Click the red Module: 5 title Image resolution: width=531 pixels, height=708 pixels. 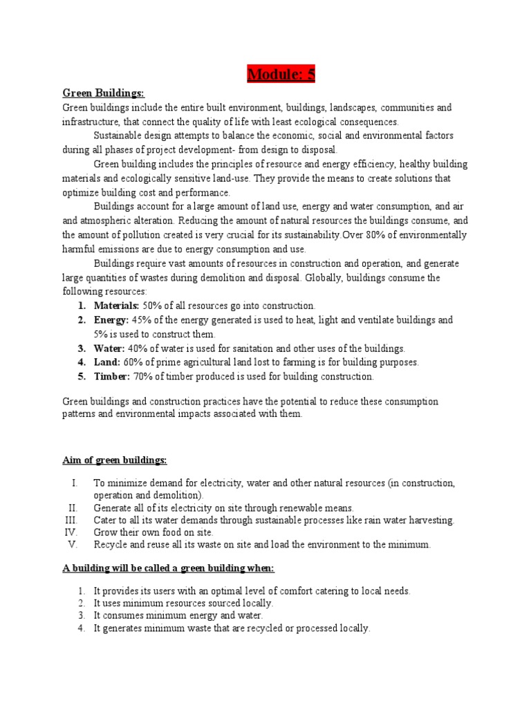coord(281,74)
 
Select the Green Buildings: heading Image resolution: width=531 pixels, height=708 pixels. coord(104,93)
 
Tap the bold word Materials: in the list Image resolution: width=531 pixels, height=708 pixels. coord(117,306)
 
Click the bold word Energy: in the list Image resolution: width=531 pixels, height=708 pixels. coord(111,320)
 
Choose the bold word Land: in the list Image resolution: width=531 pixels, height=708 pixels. coord(107,362)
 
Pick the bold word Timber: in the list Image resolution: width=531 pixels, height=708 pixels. coord(112,377)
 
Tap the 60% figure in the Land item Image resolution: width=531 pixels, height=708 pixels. coord(134,362)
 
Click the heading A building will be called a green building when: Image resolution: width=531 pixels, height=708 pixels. coord(169,568)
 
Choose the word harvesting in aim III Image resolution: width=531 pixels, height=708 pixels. coord(431,520)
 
